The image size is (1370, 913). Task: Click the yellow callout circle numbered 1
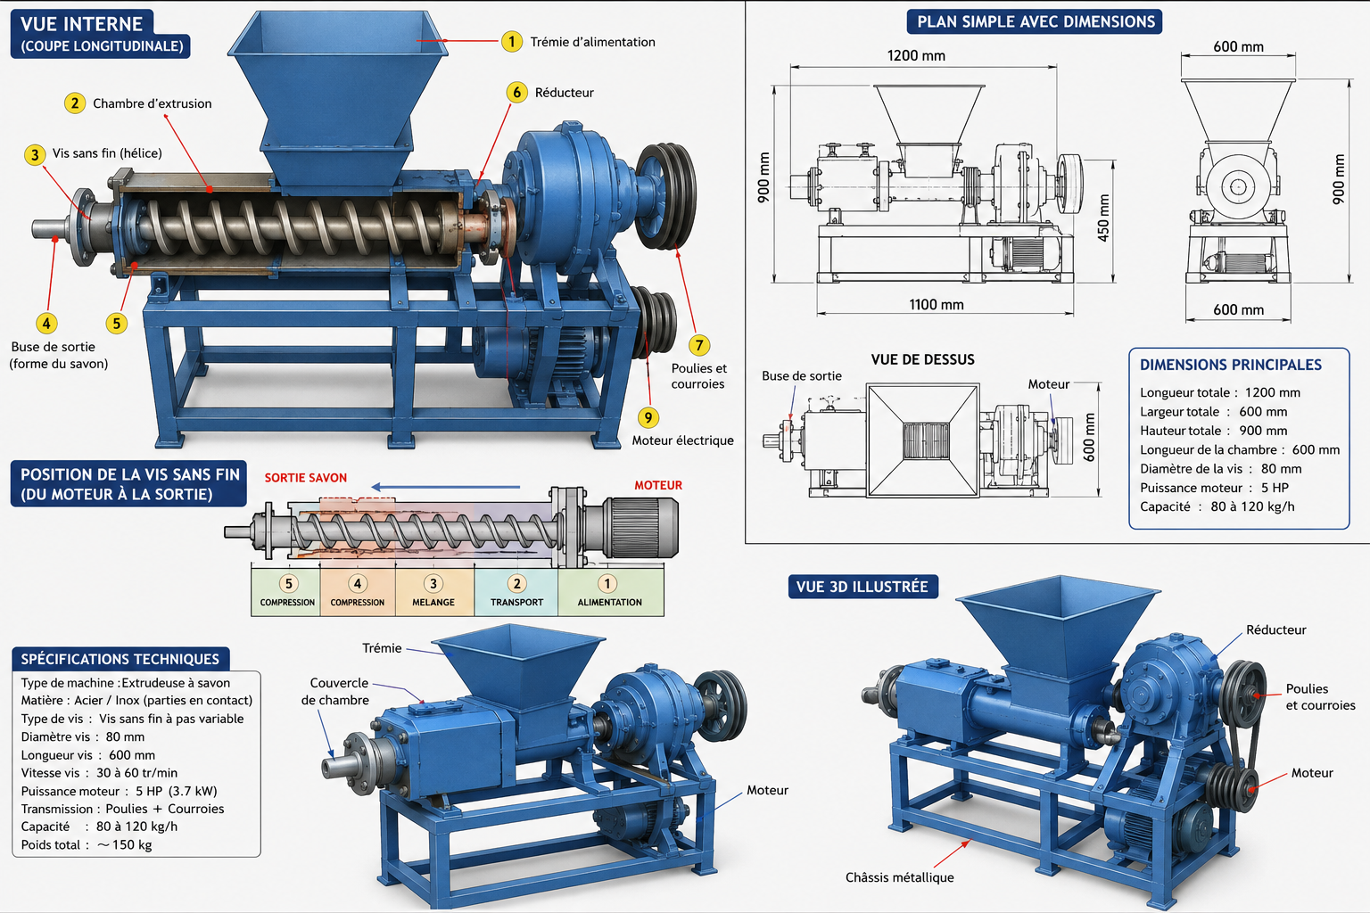click(x=511, y=42)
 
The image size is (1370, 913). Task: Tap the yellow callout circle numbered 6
click(x=516, y=93)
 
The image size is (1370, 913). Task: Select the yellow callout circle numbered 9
click(x=648, y=417)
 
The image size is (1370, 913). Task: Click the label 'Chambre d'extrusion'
click(x=153, y=103)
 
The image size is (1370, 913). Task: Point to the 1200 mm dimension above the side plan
click(x=916, y=55)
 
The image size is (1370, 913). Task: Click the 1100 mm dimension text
click(x=937, y=305)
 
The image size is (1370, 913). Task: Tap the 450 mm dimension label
click(x=1102, y=218)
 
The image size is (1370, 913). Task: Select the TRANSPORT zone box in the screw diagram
click(x=516, y=592)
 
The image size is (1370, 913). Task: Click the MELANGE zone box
click(x=434, y=592)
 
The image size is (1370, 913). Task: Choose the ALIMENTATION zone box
click(x=610, y=592)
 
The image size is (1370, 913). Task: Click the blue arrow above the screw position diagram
click(x=446, y=487)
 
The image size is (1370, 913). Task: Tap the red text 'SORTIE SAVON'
click(x=306, y=478)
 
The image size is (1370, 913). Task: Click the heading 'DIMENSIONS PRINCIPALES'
click(x=1231, y=365)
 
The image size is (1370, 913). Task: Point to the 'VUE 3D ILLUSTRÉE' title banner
click(x=863, y=587)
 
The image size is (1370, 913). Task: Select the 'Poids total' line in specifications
click(x=87, y=844)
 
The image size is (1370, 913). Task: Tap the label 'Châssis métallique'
click(x=900, y=877)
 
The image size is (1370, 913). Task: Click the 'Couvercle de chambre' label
click(x=335, y=691)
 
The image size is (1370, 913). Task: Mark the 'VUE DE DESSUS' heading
click(x=922, y=359)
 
